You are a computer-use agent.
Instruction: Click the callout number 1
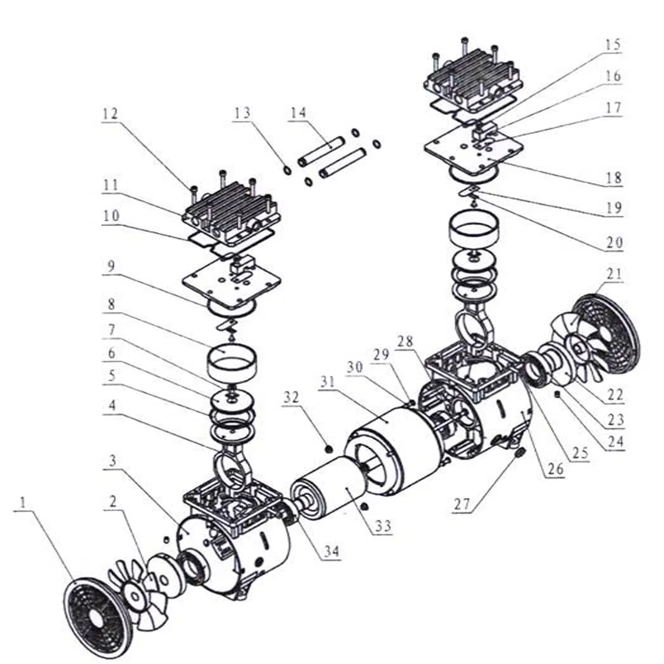(x=23, y=502)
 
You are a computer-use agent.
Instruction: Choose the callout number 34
(x=332, y=552)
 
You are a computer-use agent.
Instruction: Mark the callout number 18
(x=613, y=179)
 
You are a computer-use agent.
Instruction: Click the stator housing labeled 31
(x=395, y=445)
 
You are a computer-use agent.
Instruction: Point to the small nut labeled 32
(x=328, y=449)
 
